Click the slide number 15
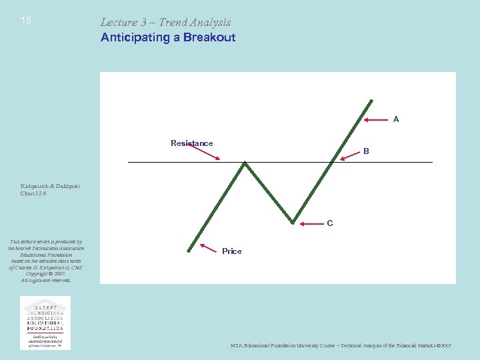(26, 21)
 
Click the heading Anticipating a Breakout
(168, 37)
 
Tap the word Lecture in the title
(119, 22)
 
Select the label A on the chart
(396, 119)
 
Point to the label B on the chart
(366, 151)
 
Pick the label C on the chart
(330, 223)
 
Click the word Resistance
(191, 143)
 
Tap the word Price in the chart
(232, 251)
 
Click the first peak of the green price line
(246, 162)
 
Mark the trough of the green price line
(293, 222)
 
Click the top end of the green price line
(371, 101)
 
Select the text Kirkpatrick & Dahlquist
(49, 186)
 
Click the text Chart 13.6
(35, 193)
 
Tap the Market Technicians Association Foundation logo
(45, 323)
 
